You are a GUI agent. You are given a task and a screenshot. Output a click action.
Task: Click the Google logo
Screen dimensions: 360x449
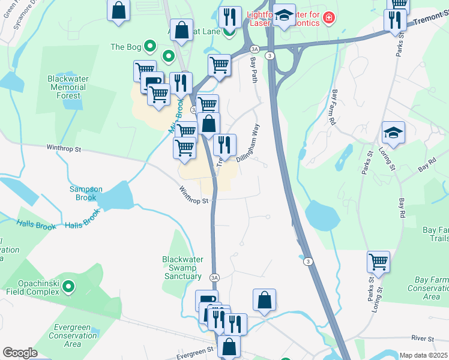[20, 353]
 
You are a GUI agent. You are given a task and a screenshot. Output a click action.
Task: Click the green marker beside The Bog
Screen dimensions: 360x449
[151, 46]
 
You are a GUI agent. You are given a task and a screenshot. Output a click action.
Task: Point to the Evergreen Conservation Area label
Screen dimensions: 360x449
[72, 335]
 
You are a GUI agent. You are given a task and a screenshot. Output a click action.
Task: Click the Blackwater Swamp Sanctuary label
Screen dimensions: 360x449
[183, 268]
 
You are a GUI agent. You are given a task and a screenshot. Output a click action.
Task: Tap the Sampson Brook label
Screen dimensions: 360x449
[86, 193]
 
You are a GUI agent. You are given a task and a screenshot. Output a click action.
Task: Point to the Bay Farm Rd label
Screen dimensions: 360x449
[331, 108]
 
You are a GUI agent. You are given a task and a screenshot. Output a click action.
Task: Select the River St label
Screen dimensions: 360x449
[423, 339]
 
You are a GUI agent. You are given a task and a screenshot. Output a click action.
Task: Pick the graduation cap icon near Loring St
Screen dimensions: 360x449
[393, 133]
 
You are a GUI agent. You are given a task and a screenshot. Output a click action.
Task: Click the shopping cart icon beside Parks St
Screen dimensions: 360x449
[379, 262]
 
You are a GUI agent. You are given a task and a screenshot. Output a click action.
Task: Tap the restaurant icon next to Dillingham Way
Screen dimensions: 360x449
[224, 144]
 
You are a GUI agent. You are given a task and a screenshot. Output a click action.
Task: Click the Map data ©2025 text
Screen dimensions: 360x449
[424, 355]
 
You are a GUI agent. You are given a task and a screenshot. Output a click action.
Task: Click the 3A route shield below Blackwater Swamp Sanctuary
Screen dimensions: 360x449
[214, 277]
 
